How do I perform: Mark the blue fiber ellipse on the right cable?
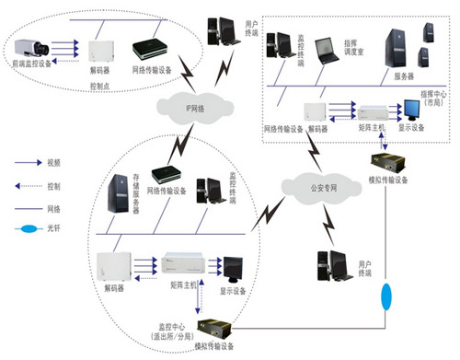tap(388, 299)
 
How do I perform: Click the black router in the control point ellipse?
tap(150, 45)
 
